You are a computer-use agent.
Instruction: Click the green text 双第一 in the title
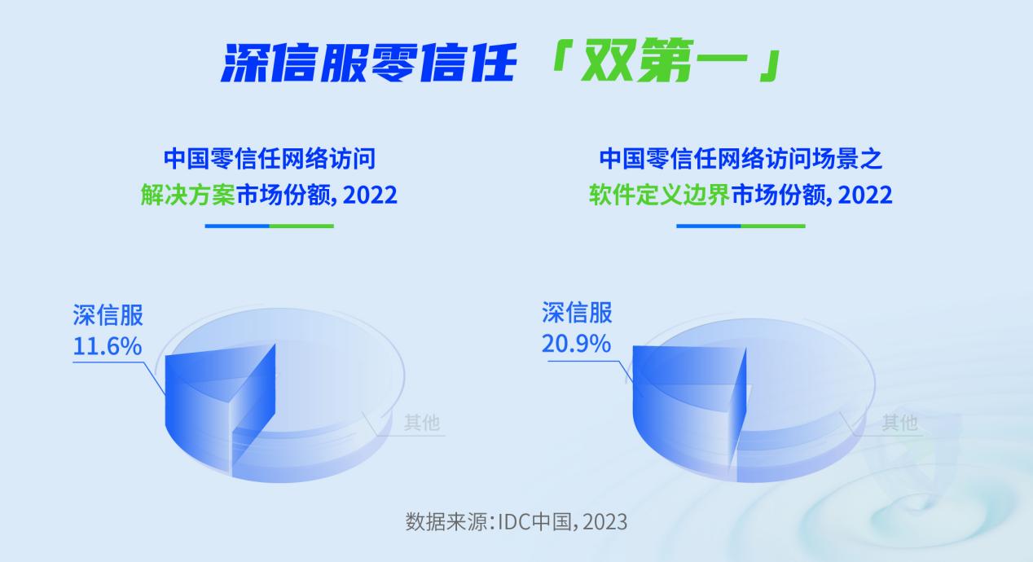point(664,61)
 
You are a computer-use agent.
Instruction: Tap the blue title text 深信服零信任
point(368,62)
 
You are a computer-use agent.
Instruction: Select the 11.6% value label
point(107,346)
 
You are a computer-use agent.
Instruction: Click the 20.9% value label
point(576,344)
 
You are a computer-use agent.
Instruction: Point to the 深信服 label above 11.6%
point(108,315)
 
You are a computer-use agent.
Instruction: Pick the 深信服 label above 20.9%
point(577,313)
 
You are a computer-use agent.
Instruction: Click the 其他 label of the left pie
point(421,422)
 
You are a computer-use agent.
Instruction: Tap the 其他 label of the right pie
point(899,422)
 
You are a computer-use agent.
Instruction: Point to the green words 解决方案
point(188,195)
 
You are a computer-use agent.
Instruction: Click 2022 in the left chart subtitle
point(370,195)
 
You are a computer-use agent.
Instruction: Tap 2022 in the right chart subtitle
point(864,195)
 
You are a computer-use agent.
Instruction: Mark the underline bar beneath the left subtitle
point(270,226)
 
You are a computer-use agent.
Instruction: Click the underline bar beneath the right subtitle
point(741,226)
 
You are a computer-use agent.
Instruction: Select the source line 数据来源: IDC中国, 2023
point(516,522)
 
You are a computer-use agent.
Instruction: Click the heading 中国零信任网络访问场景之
point(741,159)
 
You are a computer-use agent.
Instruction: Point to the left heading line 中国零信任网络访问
point(270,159)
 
